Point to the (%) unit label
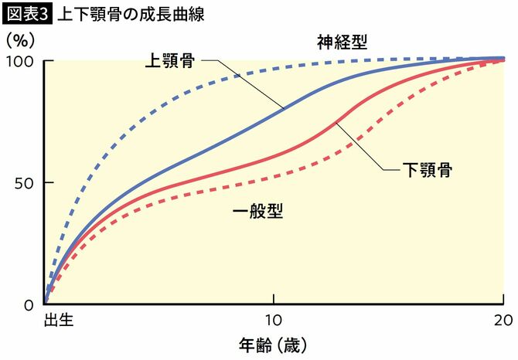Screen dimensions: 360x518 click(21, 39)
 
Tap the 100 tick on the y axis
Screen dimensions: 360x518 click(21, 61)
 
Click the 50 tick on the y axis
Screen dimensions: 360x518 click(25, 183)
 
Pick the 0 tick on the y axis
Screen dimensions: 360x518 click(29, 305)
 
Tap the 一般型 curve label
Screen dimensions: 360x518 click(257, 210)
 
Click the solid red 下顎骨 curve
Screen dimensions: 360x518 click(232, 172)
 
